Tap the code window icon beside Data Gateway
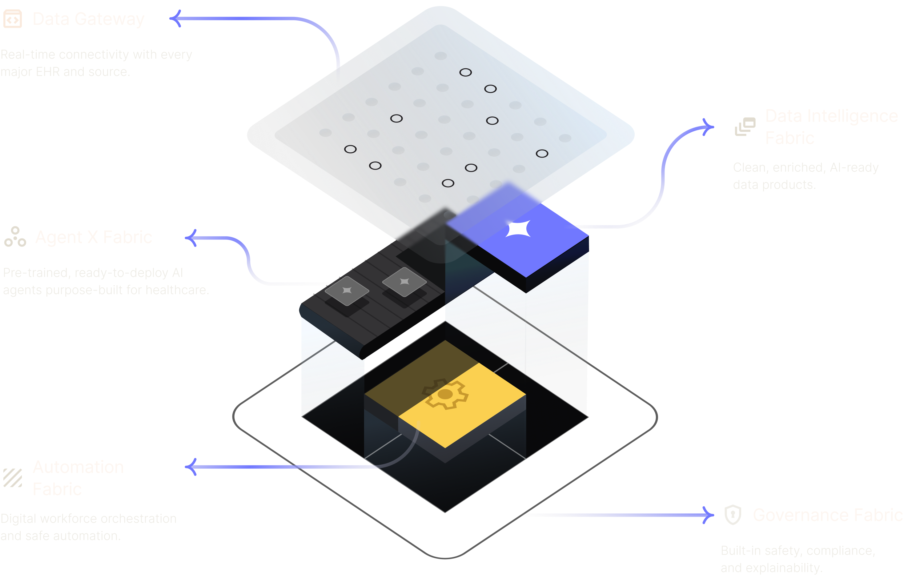(x=13, y=19)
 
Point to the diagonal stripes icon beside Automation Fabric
(x=13, y=478)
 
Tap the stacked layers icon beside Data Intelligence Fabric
(x=745, y=126)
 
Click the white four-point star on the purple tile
(x=518, y=229)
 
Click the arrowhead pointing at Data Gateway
(x=175, y=18)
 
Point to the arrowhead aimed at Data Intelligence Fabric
(x=708, y=127)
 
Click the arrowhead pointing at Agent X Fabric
(x=191, y=238)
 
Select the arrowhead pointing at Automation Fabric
(x=191, y=467)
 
